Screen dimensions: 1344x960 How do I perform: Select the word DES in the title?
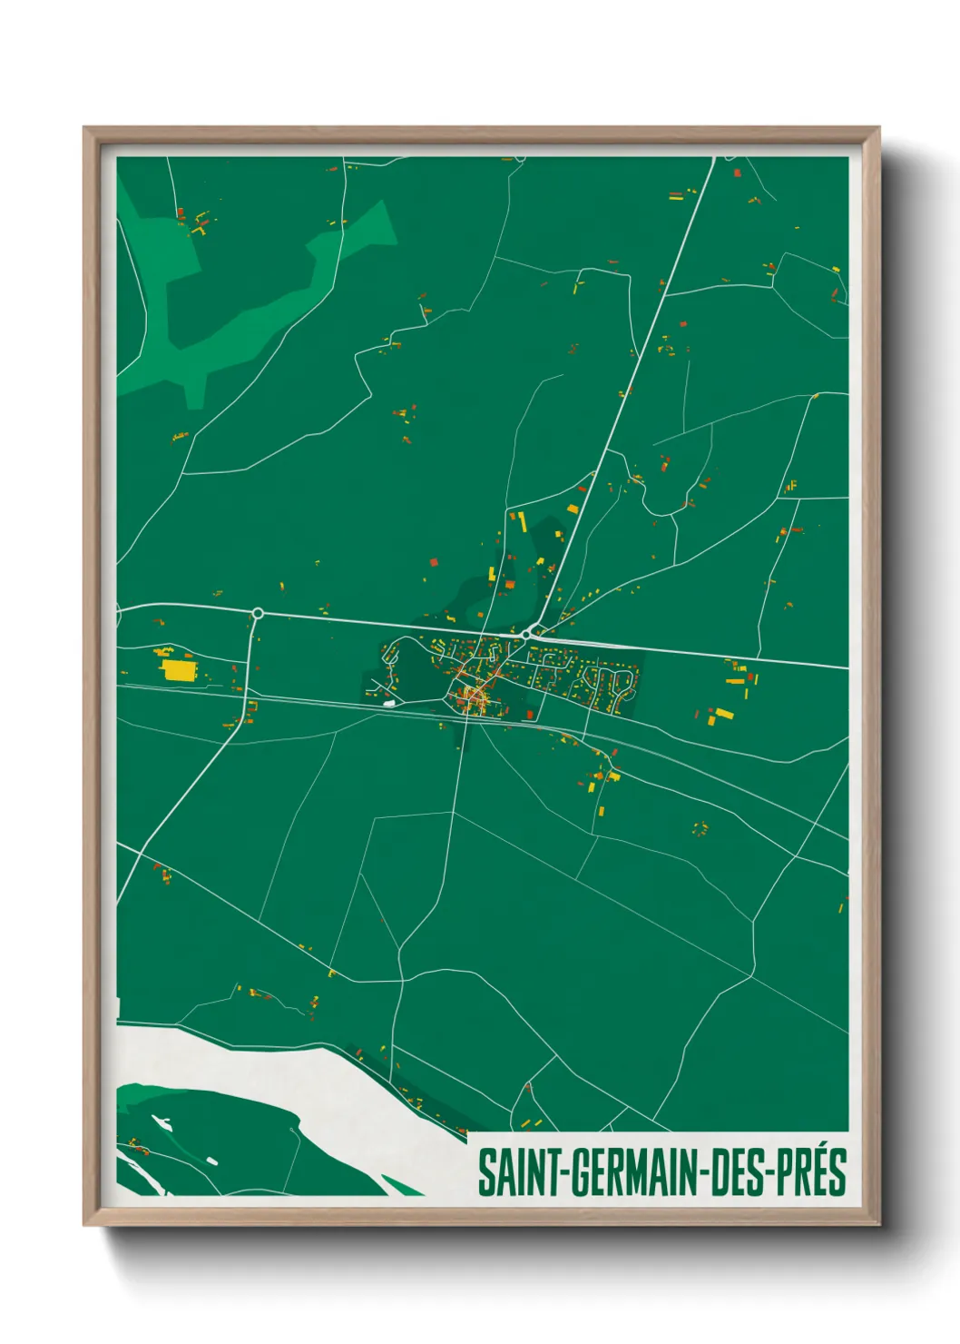tap(734, 1172)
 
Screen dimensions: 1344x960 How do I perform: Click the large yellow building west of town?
tap(178, 670)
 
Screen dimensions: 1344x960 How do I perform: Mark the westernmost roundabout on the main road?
tap(258, 614)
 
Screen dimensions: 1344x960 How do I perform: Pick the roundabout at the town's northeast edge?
tap(526, 634)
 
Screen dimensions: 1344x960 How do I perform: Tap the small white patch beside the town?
tap(389, 702)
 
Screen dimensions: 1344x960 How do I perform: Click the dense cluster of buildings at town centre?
tap(473, 695)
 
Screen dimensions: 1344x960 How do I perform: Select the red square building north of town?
tap(433, 562)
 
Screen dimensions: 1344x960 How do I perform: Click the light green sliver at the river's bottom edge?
tap(399, 1184)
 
